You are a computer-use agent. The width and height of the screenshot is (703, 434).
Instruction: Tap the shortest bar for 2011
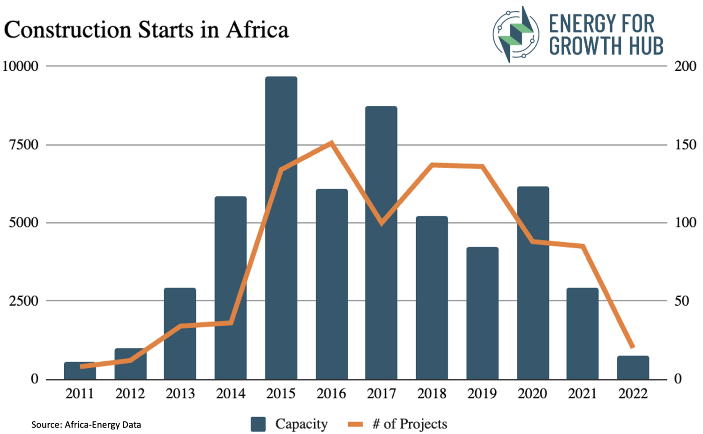coord(80,371)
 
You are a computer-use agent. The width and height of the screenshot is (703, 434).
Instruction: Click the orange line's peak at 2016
coord(331,142)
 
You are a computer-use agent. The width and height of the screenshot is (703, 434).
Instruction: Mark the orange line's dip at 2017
coord(381,223)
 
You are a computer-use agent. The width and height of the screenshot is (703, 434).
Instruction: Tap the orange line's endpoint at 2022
coord(633,347)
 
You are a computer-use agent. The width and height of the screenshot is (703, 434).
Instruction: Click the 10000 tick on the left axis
coord(21,66)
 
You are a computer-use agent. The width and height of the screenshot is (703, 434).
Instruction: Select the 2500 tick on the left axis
coord(24,301)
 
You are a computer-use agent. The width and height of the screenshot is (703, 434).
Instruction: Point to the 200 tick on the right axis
coord(685,66)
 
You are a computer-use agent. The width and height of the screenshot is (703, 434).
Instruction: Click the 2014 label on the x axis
coord(231,394)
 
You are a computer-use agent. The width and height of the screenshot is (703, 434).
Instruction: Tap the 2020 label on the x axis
coord(532,394)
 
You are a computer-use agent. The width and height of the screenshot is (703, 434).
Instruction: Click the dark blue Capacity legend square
coord(258,424)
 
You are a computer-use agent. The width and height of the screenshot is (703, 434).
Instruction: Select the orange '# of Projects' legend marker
coord(355,424)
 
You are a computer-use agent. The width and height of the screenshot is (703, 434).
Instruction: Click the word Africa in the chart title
coord(257,30)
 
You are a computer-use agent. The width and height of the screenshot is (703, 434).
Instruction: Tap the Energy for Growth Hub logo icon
coord(516,34)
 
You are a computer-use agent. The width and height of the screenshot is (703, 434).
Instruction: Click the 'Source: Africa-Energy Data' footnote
coord(86,425)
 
